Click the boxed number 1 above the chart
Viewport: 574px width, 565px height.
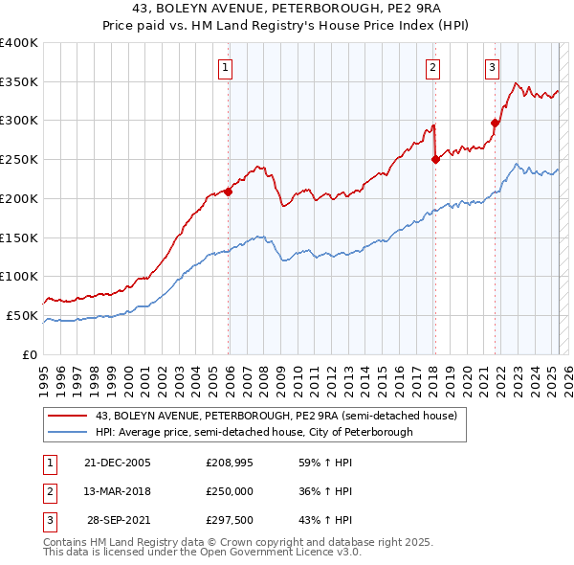point(225,67)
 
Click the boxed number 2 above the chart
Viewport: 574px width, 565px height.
point(433,67)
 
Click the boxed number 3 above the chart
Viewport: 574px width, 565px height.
point(492,67)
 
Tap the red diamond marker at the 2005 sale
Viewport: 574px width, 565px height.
point(229,192)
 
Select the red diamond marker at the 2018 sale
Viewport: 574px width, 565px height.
point(435,160)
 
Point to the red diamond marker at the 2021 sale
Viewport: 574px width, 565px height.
point(496,123)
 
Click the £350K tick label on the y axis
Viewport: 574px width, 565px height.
point(18,82)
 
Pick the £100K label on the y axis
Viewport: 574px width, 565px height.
point(18,277)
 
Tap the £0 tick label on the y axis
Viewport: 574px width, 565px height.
point(28,354)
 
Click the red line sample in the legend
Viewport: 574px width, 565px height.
point(68,416)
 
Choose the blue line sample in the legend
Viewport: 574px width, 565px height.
point(68,432)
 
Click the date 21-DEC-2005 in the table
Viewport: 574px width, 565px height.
point(118,463)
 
